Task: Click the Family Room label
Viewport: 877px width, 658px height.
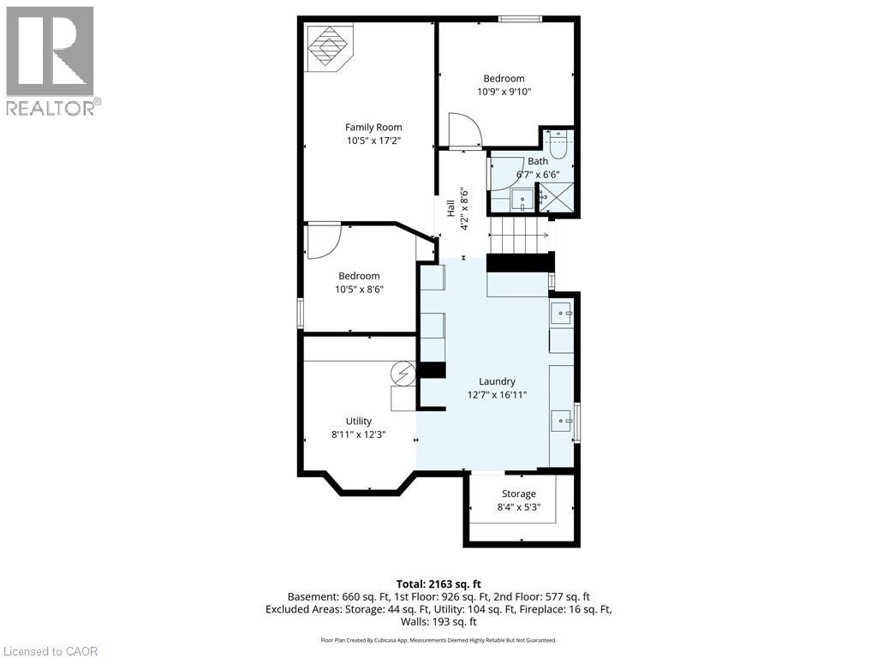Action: click(373, 127)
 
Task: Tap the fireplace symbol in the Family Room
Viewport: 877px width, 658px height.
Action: click(328, 48)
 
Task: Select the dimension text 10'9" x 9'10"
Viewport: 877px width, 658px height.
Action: click(504, 92)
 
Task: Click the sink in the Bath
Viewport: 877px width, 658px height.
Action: click(522, 200)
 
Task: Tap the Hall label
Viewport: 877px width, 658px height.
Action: click(450, 208)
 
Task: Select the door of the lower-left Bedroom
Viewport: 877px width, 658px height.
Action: click(324, 240)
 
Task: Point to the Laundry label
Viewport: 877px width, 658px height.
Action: click(497, 381)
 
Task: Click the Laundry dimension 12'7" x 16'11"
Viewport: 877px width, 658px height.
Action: click(497, 395)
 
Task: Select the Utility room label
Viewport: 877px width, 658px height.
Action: click(358, 421)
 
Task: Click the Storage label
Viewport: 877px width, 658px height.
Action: click(519, 493)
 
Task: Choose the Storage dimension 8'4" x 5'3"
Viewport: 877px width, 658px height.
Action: click(519, 506)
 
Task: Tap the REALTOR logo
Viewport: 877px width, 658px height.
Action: click(51, 60)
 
